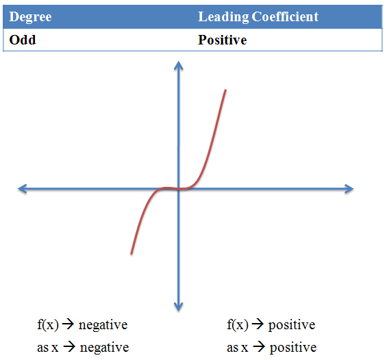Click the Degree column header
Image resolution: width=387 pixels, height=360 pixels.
click(x=30, y=17)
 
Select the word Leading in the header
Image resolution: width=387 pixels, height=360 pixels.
click(x=223, y=17)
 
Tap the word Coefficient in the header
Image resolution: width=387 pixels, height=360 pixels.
click(x=285, y=16)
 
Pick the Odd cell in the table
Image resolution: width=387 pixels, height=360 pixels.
click(x=23, y=40)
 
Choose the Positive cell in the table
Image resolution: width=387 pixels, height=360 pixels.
click(x=223, y=40)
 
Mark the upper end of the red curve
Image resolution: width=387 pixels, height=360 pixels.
click(x=225, y=90)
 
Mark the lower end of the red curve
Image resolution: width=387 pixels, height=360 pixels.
click(x=132, y=253)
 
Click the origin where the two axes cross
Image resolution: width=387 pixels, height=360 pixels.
click(x=179, y=189)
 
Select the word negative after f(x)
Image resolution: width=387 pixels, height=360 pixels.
click(x=103, y=325)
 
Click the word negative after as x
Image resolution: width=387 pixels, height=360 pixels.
click(x=104, y=348)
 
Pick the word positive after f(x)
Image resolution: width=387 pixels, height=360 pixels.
click(x=292, y=326)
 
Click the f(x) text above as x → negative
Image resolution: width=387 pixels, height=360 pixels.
click(x=48, y=324)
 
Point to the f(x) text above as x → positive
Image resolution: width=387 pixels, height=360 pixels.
click(x=238, y=324)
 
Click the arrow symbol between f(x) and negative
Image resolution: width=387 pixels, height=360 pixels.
click(x=68, y=324)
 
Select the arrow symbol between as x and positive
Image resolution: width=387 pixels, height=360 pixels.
click(x=259, y=347)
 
